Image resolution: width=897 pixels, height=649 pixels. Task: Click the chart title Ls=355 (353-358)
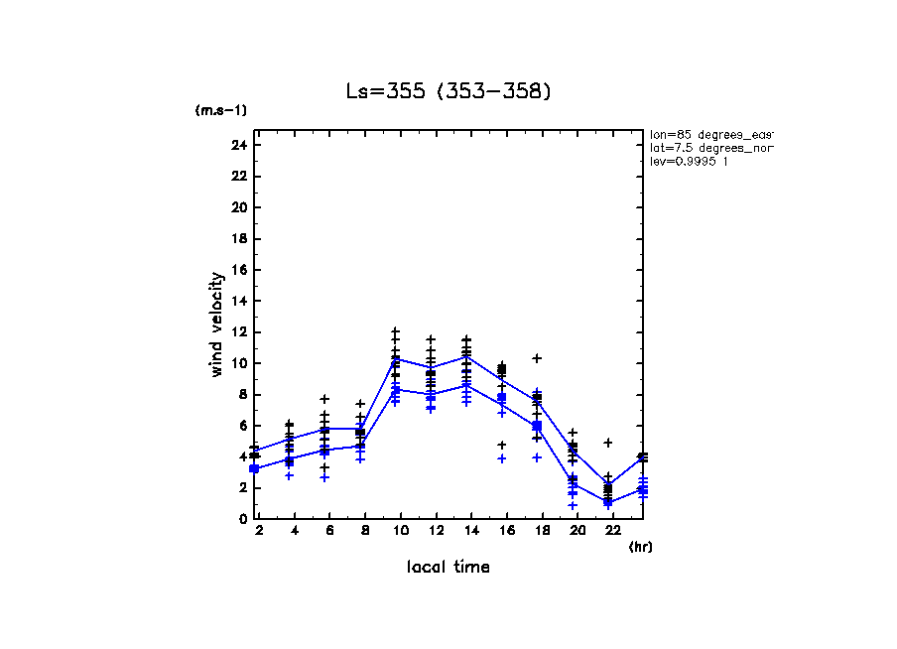(x=448, y=91)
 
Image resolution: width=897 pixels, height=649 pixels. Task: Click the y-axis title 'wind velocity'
(x=217, y=324)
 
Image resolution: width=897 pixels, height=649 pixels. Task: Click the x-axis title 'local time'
(x=448, y=567)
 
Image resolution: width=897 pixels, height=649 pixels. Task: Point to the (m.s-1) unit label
(x=220, y=110)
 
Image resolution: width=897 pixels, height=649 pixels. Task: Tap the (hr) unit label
(x=640, y=547)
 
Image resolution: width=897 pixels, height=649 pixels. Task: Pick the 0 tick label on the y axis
(x=242, y=518)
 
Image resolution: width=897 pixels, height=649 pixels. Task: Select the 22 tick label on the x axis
(x=607, y=532)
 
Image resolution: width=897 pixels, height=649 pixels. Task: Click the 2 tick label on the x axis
(x=258, y=532)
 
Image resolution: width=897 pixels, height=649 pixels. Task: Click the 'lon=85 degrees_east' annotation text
(x=709, y=134)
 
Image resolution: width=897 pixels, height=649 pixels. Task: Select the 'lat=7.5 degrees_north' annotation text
(x=709, y=148)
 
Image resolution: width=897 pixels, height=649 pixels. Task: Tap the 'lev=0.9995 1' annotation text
(x=689, y=162)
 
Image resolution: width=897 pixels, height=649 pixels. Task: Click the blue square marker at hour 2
(x=254, y=468)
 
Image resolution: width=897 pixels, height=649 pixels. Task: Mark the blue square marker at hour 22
(x=607, y=502)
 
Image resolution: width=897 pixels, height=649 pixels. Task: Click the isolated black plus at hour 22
(x=607, y=443)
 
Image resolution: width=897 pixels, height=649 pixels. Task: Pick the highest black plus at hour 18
(x=537, y=358)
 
